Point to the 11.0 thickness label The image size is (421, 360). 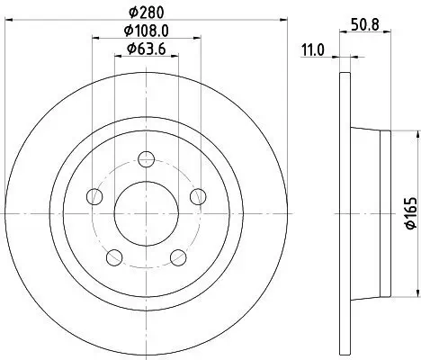coord(312,50)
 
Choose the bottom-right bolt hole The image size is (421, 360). coord(179,258)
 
